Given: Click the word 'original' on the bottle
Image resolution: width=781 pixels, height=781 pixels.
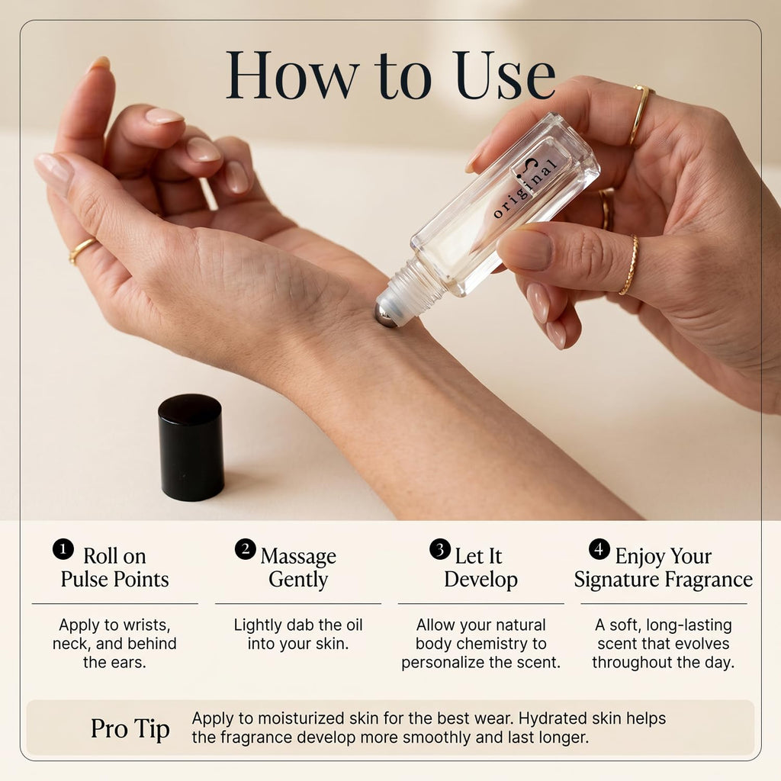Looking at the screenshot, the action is click(524, 190).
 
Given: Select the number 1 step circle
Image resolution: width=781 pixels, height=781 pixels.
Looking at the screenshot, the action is click(63, 549).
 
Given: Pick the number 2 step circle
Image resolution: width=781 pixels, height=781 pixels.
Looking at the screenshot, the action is click(246, 549).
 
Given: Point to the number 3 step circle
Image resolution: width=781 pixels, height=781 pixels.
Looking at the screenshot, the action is click(440, 549).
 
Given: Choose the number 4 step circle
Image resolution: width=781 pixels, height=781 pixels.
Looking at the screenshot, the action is click(599, 549).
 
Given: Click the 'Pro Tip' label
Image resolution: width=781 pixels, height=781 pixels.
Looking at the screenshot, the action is click(130, 729).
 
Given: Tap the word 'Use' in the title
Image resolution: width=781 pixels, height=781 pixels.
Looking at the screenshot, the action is click(505, 75).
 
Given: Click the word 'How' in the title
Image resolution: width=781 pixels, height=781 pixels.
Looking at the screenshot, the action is click(292, 75).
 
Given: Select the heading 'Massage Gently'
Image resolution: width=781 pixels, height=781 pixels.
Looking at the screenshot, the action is click(298, 567).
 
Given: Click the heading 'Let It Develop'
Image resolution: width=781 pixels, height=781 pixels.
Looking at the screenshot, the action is click(480, 567).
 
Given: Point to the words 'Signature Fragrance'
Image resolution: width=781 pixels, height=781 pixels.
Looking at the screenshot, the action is click(664, 580).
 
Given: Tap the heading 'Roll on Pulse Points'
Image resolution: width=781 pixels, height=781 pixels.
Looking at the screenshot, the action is click(114, 567).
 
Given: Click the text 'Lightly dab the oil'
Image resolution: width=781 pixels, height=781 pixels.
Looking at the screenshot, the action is click(298, 625).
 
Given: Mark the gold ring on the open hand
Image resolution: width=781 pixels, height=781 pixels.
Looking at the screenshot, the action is click(82, 250).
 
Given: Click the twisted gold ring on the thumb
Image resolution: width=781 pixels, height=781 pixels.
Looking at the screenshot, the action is click(629, 265).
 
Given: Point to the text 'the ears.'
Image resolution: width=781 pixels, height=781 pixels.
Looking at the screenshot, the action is click(114, 663).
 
